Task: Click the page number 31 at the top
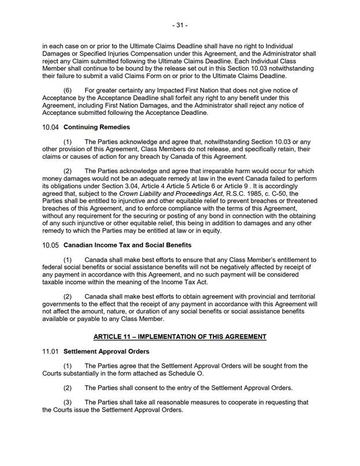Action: [x=179, y=25]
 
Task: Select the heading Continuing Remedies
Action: [x=96, y=127]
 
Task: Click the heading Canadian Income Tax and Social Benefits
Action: [x=127, y=245]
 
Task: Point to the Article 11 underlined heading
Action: [x=179, y=336]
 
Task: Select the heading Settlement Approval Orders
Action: [x=106, y=351]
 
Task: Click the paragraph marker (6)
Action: [x=68, y=91]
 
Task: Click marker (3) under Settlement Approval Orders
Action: [x=68, y=402]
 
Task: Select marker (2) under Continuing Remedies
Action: [x=68, y=171]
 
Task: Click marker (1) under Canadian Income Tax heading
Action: [x=68, y=260]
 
